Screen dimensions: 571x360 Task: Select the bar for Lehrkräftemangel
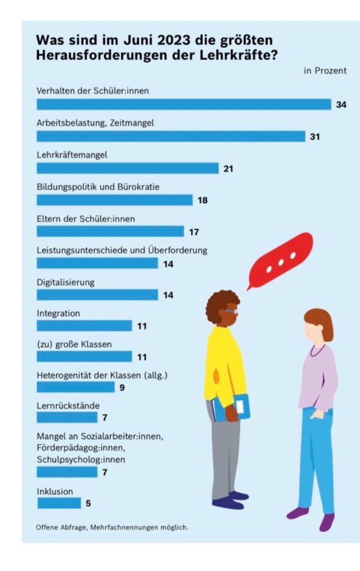tap(127, 168)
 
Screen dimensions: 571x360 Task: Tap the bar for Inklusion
tap(59, 503)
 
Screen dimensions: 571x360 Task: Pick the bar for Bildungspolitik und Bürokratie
tap(115, 200)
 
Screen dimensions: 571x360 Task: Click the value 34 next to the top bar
tap(341, 104)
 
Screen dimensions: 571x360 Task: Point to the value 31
tap(315, 136)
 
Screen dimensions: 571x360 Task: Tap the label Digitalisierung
tap(66, 282)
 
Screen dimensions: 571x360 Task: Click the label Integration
tap(58, 313)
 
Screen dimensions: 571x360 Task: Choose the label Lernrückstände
tap(68, 405)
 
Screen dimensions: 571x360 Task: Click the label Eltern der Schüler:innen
tap(86, 218)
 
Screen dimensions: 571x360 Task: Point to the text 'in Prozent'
tap(325, 71)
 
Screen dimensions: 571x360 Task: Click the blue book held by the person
tap(234, 407)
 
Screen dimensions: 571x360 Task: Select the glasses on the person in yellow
tap(230, 311)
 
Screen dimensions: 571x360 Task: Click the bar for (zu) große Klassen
tap(84, 356)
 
